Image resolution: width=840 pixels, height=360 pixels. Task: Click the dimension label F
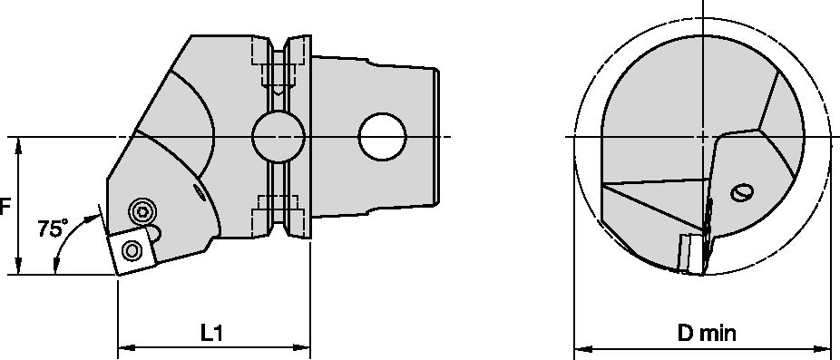coord(5,207)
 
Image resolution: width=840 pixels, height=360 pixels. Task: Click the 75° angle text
coord(52,229)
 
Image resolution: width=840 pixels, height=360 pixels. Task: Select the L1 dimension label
coord(212,333)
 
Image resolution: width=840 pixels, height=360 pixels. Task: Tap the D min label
coord(706,333)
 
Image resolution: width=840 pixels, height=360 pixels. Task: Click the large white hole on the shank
coord(381,136)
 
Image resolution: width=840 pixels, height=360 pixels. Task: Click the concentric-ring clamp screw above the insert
coord(142,212)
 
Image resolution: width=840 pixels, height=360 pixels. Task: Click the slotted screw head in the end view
coord(742,191)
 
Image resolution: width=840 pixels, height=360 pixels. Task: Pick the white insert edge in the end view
coord(692,253)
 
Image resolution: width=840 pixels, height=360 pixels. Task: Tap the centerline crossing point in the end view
coord(702,137)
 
